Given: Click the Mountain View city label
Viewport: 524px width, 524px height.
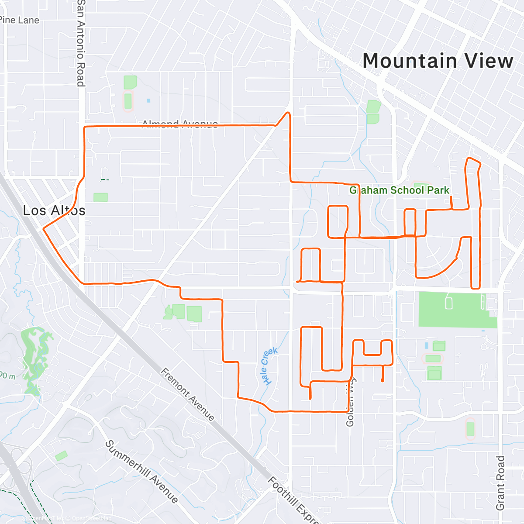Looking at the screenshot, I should [x=438, y=61].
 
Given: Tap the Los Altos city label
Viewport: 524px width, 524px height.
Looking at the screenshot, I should [x=54, y=210].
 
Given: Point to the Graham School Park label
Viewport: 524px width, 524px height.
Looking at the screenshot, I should [x=399, y=190].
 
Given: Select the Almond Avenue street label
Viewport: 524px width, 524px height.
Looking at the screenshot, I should [x=180, y=124].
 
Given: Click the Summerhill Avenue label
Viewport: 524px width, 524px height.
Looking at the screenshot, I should [x=141, y=472].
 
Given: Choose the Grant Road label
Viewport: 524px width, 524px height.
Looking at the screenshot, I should [x=500, y=483].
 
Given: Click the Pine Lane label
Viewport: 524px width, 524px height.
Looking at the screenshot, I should [x=19, y=20].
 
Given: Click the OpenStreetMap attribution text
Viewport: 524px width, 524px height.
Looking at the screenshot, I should [x=92, y=519].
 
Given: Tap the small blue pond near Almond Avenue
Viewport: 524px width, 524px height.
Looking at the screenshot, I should [x=148, y=100].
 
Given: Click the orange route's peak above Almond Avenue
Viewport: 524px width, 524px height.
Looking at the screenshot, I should [x=288, y=113].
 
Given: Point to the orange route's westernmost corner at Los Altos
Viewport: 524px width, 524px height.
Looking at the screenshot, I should [x=43, y=228].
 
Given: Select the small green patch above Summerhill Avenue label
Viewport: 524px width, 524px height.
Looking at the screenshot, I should [x=61, y=455].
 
